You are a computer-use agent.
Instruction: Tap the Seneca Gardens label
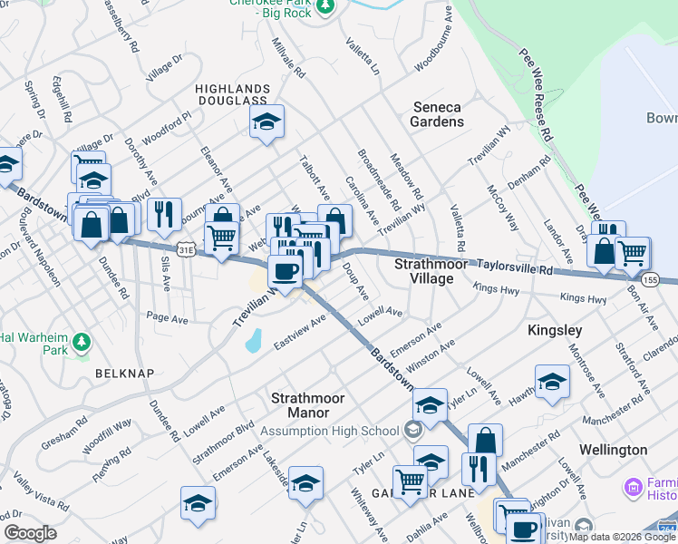coord(436,114)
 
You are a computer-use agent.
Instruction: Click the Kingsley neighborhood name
coord(555,331)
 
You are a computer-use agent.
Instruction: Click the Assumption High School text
coord(329,431)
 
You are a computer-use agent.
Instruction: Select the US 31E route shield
coord(186,248)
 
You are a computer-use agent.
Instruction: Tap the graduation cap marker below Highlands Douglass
coord(266,123)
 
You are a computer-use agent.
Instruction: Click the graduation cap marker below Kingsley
coord(552,384)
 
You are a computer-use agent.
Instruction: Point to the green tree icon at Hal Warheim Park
coord(82,342)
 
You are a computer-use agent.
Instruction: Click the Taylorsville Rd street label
coord(515,266)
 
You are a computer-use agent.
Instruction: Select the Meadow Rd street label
coord(406,176)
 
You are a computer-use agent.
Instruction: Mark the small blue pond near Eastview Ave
coord(253,341)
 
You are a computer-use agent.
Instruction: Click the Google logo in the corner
coord(30,533)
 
